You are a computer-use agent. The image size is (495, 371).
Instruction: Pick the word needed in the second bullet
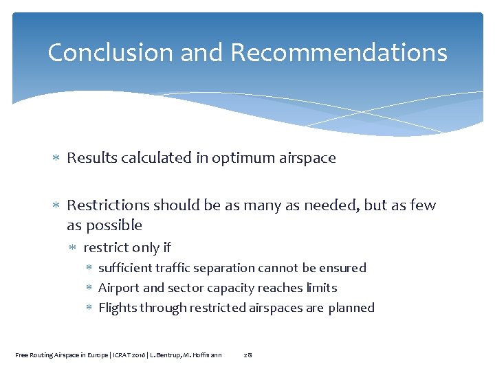coord(322,205)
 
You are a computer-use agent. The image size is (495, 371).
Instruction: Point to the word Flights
coord(117,308)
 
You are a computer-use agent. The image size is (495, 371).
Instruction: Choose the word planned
coord(351,308)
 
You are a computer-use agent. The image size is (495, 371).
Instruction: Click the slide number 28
coord(248,355)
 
